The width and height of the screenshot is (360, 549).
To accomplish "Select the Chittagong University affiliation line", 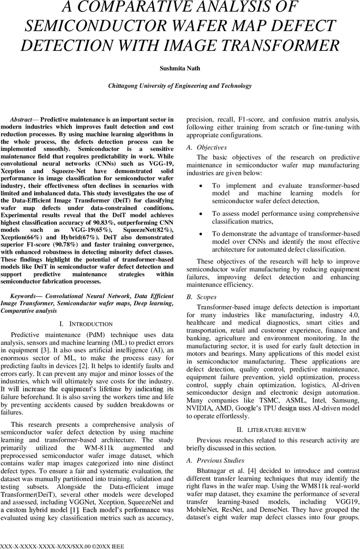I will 180,86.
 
